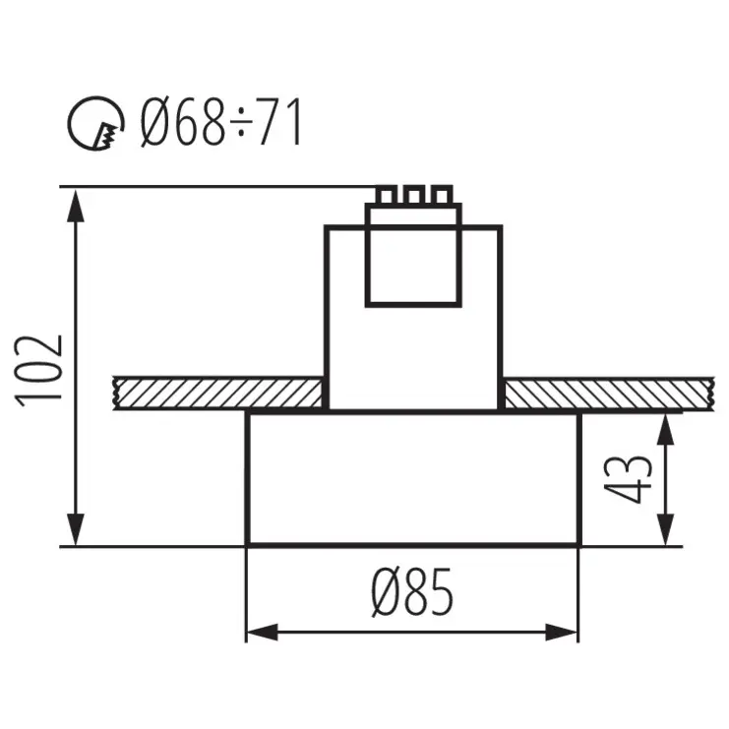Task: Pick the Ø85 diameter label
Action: click(x=413, y=593)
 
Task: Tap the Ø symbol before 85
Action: click(x=387, y=593)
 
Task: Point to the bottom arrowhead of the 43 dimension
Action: click(x=667, y=532)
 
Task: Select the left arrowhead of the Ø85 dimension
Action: click(x=259, y=632)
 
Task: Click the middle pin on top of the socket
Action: click(x=413, y=195)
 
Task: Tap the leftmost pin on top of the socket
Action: click(x=386, y=195)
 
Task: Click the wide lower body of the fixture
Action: click(x=413, y=479)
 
